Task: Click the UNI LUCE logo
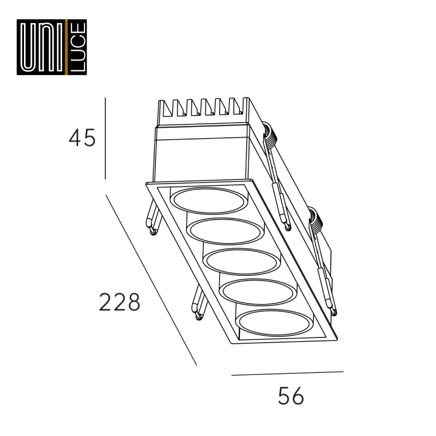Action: tap(52, 47)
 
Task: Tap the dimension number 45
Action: tap(82, 138)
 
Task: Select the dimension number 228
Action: tap(119, 302)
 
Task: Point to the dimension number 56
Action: tap(291, 396)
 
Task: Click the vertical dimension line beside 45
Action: tap(105, 138)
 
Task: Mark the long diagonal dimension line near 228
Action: tap(152, 280)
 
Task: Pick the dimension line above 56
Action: tap(288, 373)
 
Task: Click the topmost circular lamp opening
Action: tap(209, 201)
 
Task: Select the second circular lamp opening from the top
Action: tap(225, 231)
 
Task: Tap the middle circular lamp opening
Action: tap(241, 262)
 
